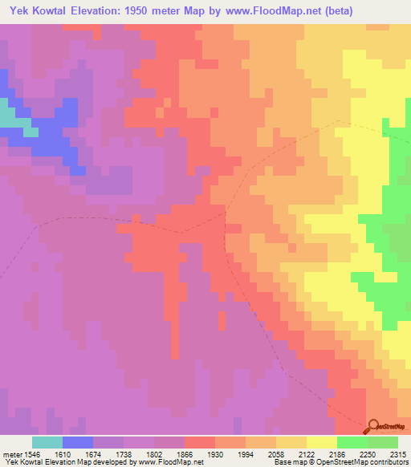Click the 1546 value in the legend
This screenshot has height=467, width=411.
coord(31,453)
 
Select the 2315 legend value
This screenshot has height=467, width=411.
coord(399,453)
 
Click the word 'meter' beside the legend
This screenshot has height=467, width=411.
coord(10,453)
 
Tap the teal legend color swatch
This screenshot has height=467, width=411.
coord(47,442)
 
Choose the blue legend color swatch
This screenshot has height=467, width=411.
coord(77,442)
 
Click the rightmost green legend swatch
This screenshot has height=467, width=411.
coord(383,442)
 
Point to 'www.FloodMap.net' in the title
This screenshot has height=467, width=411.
coord(258,10)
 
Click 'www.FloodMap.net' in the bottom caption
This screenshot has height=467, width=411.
coord(172,462)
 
